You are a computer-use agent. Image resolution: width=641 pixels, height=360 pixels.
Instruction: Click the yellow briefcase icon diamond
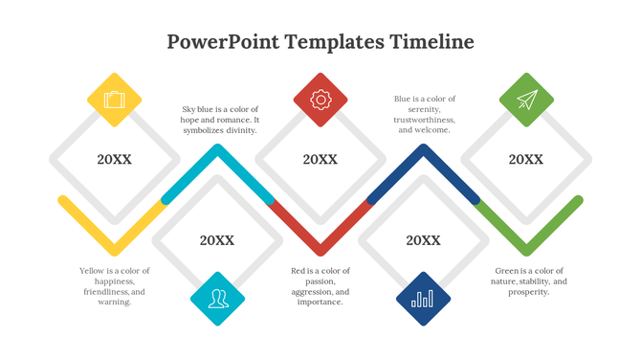(115, 100)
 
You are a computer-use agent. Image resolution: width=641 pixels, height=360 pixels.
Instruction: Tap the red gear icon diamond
(320, 100)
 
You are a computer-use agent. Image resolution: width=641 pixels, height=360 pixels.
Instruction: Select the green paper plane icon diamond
(526, 100)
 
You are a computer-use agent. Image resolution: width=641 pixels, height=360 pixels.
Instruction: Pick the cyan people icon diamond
(218, 299)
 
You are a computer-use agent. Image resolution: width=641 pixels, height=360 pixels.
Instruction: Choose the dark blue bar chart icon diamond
(423, 299)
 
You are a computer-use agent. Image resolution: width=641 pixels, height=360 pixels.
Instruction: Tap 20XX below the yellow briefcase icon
(115, 159)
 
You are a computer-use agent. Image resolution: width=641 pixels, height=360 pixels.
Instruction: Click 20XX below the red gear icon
(320, 159)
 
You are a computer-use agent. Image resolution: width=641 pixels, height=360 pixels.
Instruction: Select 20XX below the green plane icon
(526, 159)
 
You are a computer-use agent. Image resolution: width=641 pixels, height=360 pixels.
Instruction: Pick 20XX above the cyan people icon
(217, 240)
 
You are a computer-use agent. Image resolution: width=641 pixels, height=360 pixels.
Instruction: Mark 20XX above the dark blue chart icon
(423, 240)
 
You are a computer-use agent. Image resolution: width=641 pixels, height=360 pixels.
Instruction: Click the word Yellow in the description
(93, 271)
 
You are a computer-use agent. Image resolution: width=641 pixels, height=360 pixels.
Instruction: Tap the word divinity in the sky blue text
(238, 130)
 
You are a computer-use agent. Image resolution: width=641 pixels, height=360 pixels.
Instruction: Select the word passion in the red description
(320, 281)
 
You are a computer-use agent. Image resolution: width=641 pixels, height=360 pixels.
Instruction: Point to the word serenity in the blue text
(425, 109)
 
